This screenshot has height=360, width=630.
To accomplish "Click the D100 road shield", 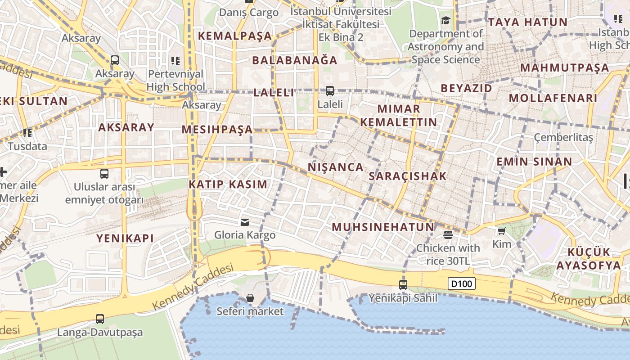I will (x=462, y=284).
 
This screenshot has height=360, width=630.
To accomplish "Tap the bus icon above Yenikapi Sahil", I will (x=403, y=284).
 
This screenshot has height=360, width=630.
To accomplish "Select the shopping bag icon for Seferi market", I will (x=250, y=298).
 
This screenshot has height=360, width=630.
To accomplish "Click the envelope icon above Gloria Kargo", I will (x=245, y=222).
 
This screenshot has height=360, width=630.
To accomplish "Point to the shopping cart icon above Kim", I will (x=502, y=231).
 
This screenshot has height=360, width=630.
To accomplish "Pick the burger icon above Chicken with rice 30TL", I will (x=448, y=234).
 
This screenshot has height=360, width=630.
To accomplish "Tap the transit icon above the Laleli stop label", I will (x=330, y=91).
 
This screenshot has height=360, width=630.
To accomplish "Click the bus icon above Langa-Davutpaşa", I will (x=100, y=319).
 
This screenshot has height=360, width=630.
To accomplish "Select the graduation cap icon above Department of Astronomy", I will (x=445, y=20).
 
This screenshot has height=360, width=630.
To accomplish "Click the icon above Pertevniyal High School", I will (x=175, y=60).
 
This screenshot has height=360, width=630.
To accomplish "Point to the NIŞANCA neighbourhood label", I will (x=336, y=167).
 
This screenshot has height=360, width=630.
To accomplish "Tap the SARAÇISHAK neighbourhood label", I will (x=408, y=176).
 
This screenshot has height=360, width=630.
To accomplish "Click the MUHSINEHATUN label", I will (x=383, y=227).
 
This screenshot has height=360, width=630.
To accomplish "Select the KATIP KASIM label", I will (x=228, y=184).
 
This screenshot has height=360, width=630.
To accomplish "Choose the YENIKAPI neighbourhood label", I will (x=125, y=238).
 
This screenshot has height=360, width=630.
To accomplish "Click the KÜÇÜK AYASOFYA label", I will (x=589, y=258).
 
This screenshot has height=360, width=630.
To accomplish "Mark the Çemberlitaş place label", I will (x=563, y=137).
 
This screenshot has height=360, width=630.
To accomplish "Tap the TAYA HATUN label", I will (x=528, y=22).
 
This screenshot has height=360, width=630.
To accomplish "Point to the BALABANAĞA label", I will (x=295, y=60).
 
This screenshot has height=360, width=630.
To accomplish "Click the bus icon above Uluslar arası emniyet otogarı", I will (x=104, y=174).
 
